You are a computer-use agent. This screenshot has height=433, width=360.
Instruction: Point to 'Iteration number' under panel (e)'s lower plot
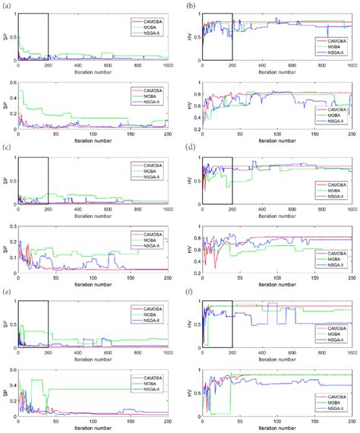click(93, 429)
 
